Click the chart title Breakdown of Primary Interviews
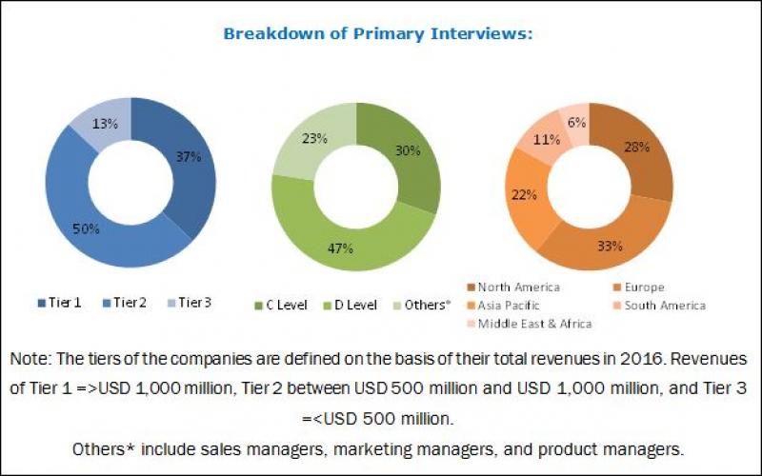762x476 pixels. [377, 33]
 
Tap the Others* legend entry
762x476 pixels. [425, 304]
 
